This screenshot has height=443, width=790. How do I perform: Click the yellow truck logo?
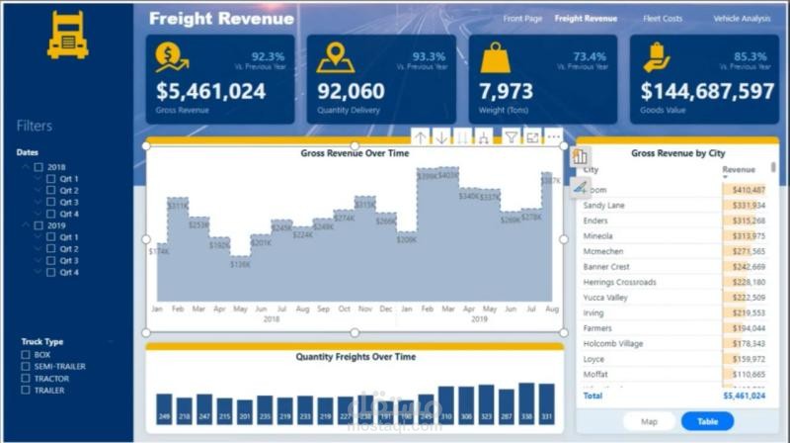67,35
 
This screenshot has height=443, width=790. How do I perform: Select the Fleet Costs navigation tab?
663,18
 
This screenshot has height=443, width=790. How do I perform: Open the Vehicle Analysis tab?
741,18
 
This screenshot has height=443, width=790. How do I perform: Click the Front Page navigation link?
522,18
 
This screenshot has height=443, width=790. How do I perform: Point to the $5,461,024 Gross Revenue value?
210,91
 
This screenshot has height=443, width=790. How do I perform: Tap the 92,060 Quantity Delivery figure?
351,91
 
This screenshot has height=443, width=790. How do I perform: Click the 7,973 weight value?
506,91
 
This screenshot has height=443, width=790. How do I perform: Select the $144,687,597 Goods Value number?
707,91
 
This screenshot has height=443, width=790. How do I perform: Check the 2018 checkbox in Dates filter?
39,167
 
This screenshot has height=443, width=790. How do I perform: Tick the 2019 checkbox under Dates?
39,225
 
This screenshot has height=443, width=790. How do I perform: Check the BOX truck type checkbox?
27,354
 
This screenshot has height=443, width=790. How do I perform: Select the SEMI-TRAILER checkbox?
27,366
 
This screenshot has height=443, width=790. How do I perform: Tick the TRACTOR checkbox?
27,378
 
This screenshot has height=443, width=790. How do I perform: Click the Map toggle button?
650,421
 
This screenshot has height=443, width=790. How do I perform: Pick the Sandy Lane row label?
603,205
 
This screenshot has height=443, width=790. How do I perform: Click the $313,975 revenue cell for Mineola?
746,235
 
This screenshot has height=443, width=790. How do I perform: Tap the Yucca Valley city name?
612,297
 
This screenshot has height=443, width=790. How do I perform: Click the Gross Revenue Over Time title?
355,153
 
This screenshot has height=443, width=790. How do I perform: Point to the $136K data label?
240,263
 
